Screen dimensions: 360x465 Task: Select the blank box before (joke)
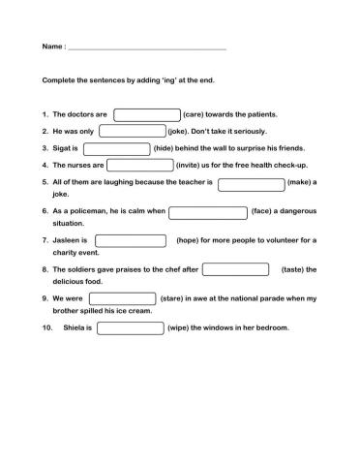coord(132,131)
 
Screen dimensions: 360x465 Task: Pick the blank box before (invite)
coord(139,166)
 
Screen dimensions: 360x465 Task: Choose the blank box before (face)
coord(208,211)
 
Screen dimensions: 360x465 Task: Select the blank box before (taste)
coord(235,269)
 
